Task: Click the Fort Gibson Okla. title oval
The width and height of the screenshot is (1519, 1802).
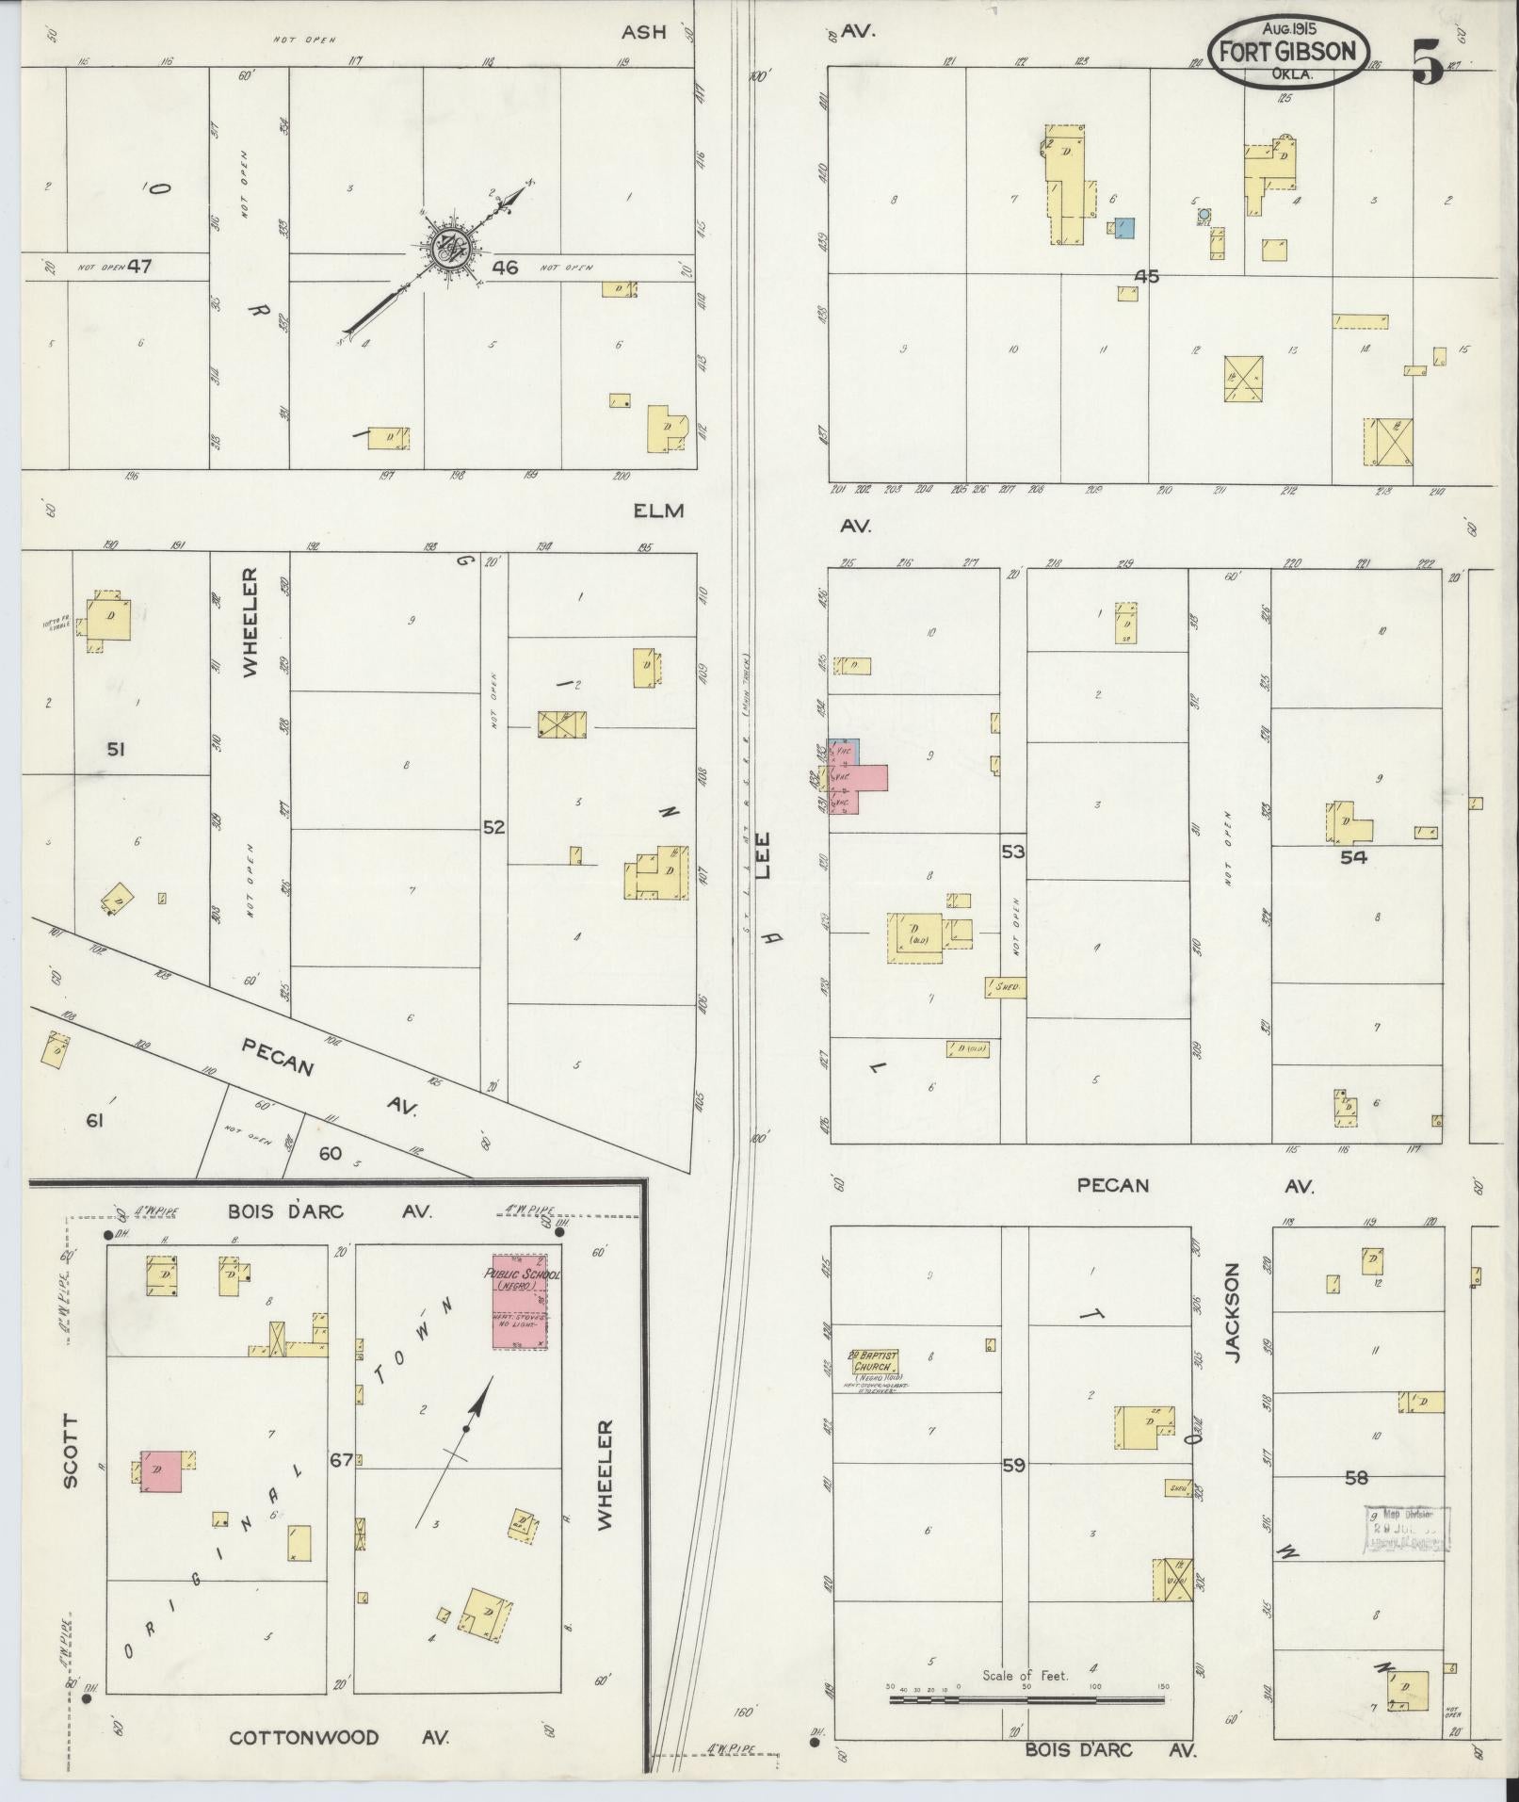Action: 1287,53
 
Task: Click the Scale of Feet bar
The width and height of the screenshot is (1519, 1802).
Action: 1026,1700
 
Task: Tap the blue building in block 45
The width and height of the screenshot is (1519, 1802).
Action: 1123,228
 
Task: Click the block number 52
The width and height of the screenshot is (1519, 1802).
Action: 493,827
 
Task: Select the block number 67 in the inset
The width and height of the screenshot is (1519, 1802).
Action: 341,1485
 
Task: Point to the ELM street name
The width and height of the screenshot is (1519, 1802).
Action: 657,511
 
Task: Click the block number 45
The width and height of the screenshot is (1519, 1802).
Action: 1146,276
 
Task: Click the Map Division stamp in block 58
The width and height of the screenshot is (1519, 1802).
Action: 1407,1529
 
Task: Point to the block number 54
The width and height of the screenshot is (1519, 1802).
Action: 1353,857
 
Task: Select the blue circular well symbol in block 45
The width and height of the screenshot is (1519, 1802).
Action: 1203,215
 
